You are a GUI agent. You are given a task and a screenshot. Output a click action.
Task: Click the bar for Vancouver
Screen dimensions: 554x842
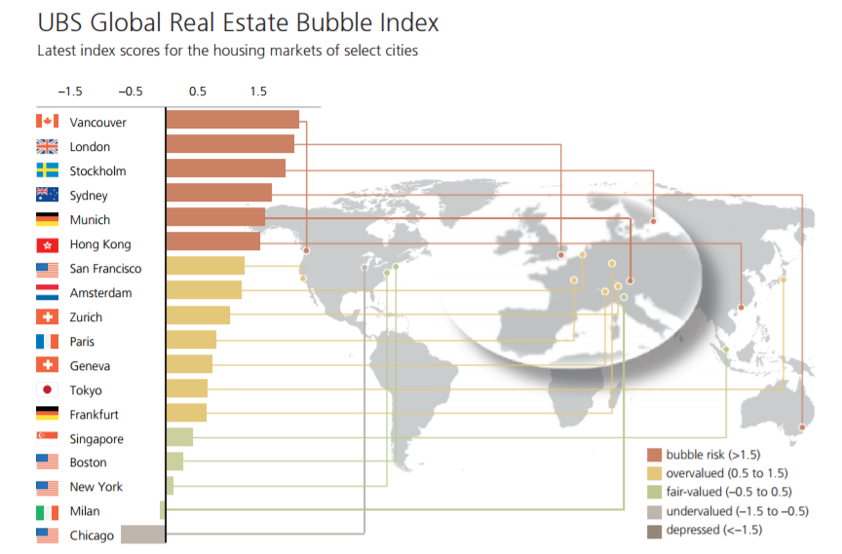click(232, 120)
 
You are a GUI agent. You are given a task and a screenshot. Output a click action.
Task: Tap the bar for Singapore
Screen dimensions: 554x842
click(179, 437)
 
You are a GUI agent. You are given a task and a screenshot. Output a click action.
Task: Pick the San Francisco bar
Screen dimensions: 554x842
click(205, 267)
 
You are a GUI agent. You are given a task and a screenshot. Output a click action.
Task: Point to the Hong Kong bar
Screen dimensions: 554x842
click(212, 241)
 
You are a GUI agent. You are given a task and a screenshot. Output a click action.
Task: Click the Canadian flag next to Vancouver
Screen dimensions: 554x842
click(47, 122)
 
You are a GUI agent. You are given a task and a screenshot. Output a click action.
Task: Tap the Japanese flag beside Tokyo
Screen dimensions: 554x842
click(47, 389)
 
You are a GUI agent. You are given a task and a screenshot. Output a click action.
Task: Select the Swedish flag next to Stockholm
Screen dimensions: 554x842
click(47, 170)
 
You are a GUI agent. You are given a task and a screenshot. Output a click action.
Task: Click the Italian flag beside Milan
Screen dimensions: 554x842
click(47, 511)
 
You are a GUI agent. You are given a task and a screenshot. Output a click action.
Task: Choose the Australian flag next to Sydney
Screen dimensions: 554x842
click(47, 195)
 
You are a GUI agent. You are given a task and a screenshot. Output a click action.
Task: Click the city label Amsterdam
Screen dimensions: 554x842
click(101, 293)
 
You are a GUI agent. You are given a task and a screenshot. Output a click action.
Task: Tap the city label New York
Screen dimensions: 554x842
click(96, 487)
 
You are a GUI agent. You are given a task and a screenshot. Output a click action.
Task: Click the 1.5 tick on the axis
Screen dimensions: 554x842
click(257, 92)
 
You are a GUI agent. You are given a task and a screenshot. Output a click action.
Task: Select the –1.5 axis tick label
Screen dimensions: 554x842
click(69, 92)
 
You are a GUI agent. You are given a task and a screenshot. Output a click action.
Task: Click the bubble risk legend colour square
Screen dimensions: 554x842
click(654, 455)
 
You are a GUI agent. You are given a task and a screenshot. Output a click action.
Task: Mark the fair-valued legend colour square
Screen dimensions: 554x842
click(654, 493)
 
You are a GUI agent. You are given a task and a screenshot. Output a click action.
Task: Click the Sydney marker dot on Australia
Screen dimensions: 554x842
click(801, 427)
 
